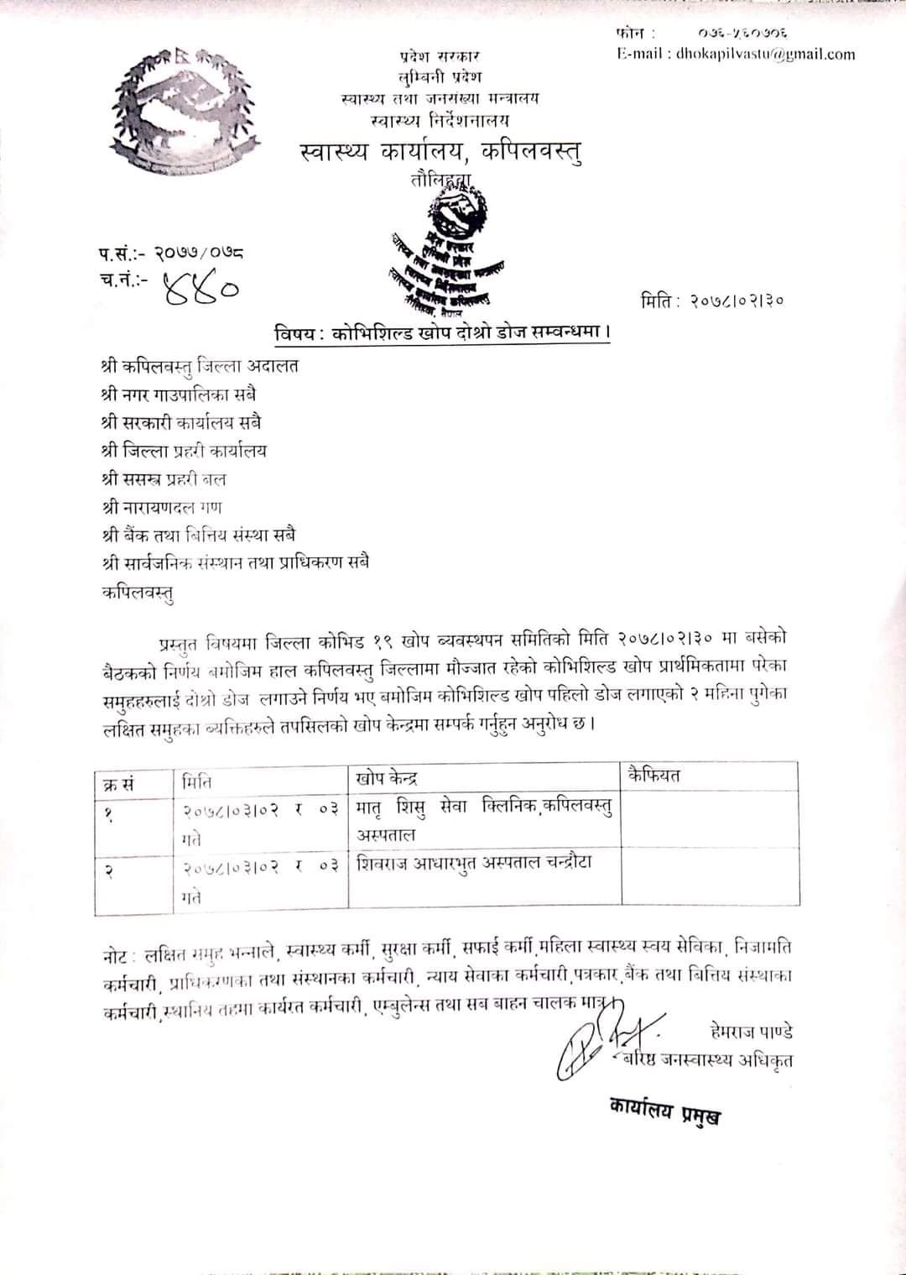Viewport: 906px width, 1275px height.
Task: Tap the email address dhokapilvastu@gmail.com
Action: pos(736,55)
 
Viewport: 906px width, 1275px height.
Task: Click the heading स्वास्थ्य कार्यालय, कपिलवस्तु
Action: pos(440,152)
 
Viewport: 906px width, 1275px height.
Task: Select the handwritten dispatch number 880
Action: pos(201,288)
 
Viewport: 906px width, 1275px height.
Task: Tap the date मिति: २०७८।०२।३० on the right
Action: pos(712,300)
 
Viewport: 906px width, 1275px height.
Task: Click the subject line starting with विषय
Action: pos(442,333)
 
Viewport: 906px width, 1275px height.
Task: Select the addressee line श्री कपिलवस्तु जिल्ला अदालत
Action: pos(199,365)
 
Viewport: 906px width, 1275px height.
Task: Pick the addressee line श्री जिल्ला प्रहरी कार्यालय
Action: pos(183,451)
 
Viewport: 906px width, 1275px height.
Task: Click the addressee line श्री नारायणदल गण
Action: pos(161,507)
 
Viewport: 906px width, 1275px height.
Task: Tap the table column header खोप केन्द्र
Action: pos(387,778)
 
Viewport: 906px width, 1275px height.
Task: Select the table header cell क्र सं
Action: pos(118,784)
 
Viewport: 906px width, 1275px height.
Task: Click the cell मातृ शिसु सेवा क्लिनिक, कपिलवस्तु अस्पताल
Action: pos(484,820)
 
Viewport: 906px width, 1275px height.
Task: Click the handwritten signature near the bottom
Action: pos(591,1041)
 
